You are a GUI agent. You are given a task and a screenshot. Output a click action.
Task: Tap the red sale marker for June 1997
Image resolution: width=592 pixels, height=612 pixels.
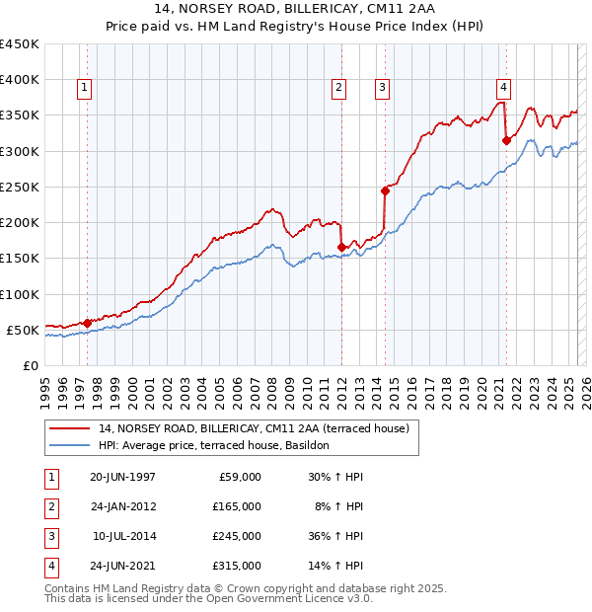click(x=87, y=323)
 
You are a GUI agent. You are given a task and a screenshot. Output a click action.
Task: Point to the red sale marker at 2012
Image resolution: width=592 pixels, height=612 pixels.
click(x=341, y=247)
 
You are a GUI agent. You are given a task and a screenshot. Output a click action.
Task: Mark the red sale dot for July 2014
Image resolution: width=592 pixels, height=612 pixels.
click(x=385, y=191)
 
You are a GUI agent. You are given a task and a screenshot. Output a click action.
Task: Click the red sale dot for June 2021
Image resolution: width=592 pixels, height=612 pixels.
click(x=506, y=140)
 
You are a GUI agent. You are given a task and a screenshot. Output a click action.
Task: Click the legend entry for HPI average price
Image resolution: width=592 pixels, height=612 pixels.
click(x=220, y=445)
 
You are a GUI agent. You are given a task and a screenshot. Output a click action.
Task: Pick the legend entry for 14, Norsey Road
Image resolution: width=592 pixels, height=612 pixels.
click(x=247, y=428)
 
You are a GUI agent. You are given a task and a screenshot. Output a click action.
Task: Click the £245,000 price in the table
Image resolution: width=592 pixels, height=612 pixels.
click(x=237, y=536)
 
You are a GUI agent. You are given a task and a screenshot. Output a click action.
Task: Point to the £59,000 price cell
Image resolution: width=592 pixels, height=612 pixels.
click(x=239, y=477)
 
